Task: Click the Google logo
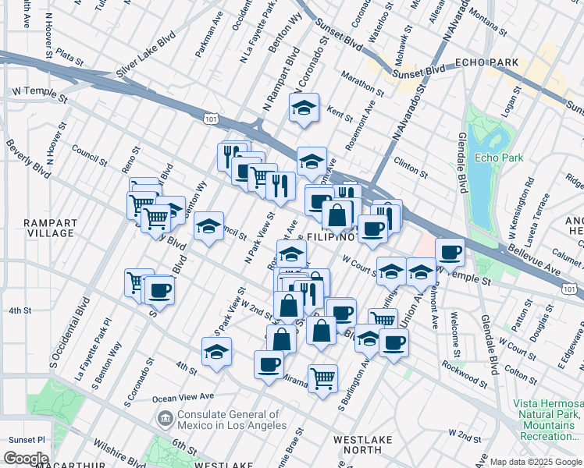coord(27,458)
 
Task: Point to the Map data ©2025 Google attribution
coord(536,462)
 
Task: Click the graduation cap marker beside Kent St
coord(304,110)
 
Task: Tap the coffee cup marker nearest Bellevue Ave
coord(450,253)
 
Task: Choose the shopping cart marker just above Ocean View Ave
coord(322,380)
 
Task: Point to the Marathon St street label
coord(362,83)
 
